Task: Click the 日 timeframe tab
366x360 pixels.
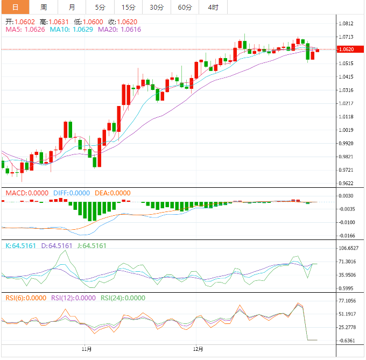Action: click(15, 8)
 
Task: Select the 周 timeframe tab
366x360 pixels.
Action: click(44, 8)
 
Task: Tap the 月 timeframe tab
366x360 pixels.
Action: click(72, 8)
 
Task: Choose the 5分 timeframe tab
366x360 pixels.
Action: click(100, 8)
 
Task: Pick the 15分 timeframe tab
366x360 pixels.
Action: click(128, 8)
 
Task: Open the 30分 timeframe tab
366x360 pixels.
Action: click(157, 8)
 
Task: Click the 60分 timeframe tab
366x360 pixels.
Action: click(185, 8)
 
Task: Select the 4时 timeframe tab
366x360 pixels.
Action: click(213, 8)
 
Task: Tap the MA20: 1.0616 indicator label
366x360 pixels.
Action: click(119, 30)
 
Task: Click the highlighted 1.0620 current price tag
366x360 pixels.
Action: click(348, 50)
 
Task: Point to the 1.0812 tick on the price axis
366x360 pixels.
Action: click(348, 24)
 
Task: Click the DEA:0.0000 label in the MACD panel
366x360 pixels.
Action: click(112, 193)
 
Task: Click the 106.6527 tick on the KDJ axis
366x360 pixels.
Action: click(349, 248)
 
